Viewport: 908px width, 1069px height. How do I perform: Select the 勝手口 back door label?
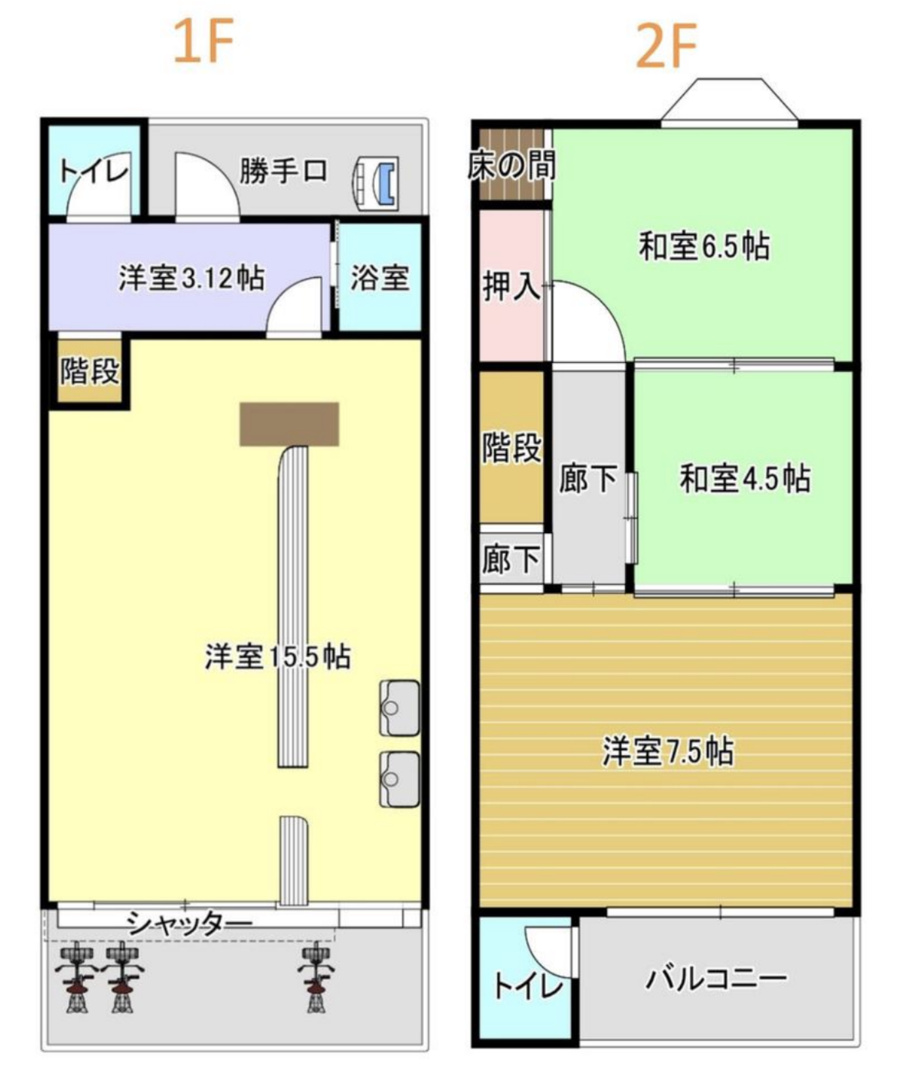[x=283, y=172]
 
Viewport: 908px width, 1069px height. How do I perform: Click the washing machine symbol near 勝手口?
[x=376, y=184]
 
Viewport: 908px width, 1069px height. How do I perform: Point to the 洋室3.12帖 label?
[x=191, y=278]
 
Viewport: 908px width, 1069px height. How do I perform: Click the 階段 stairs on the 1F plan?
[x=90, y=371]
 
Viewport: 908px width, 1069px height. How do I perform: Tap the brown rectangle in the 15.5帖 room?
[x=289, y=424]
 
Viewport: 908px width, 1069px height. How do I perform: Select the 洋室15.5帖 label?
[x=278, y=656]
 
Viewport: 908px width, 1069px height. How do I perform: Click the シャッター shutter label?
[x=189, y=924]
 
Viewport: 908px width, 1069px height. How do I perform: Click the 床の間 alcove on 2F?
[x=512, y=164]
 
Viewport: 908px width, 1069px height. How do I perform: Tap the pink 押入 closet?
[x=512, y=286]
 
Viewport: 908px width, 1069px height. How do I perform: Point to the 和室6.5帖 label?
[x=704, y=246]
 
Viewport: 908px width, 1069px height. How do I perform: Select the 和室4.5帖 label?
[x=745, y=478]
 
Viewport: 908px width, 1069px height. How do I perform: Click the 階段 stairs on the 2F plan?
[x=512, y=447]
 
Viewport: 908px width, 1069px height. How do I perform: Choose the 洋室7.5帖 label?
[x=668, y=751]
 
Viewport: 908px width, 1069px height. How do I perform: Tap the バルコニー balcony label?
[x=716, y=979]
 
